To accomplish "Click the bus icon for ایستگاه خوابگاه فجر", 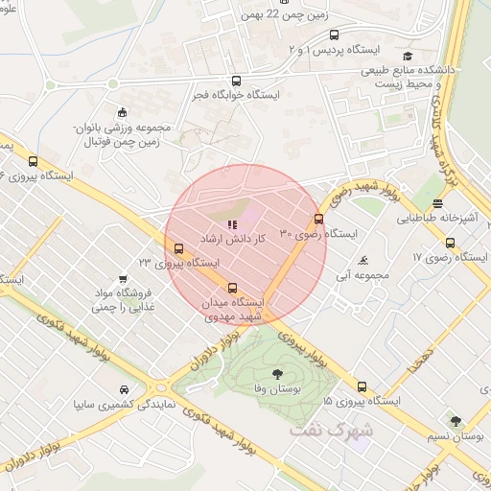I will click(x=237, y=82).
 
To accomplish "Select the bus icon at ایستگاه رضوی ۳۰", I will click(x=319, y=220).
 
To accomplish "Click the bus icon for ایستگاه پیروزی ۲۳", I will click(x=178, y=248).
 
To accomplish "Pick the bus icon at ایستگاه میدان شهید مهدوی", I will click(x=231, y=288).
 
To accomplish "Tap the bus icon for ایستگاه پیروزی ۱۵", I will click(x=362, y=387).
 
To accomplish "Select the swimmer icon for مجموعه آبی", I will click(x=362, y=261).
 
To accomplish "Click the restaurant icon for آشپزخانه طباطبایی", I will click(x=437, y=203).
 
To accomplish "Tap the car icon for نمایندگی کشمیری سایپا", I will click(x=124, y=389).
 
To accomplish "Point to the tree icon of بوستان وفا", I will click(x=277, y=374).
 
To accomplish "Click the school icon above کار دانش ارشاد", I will click(x=231, y=223).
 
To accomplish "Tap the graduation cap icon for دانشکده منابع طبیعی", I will click(x=408, y=56).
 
